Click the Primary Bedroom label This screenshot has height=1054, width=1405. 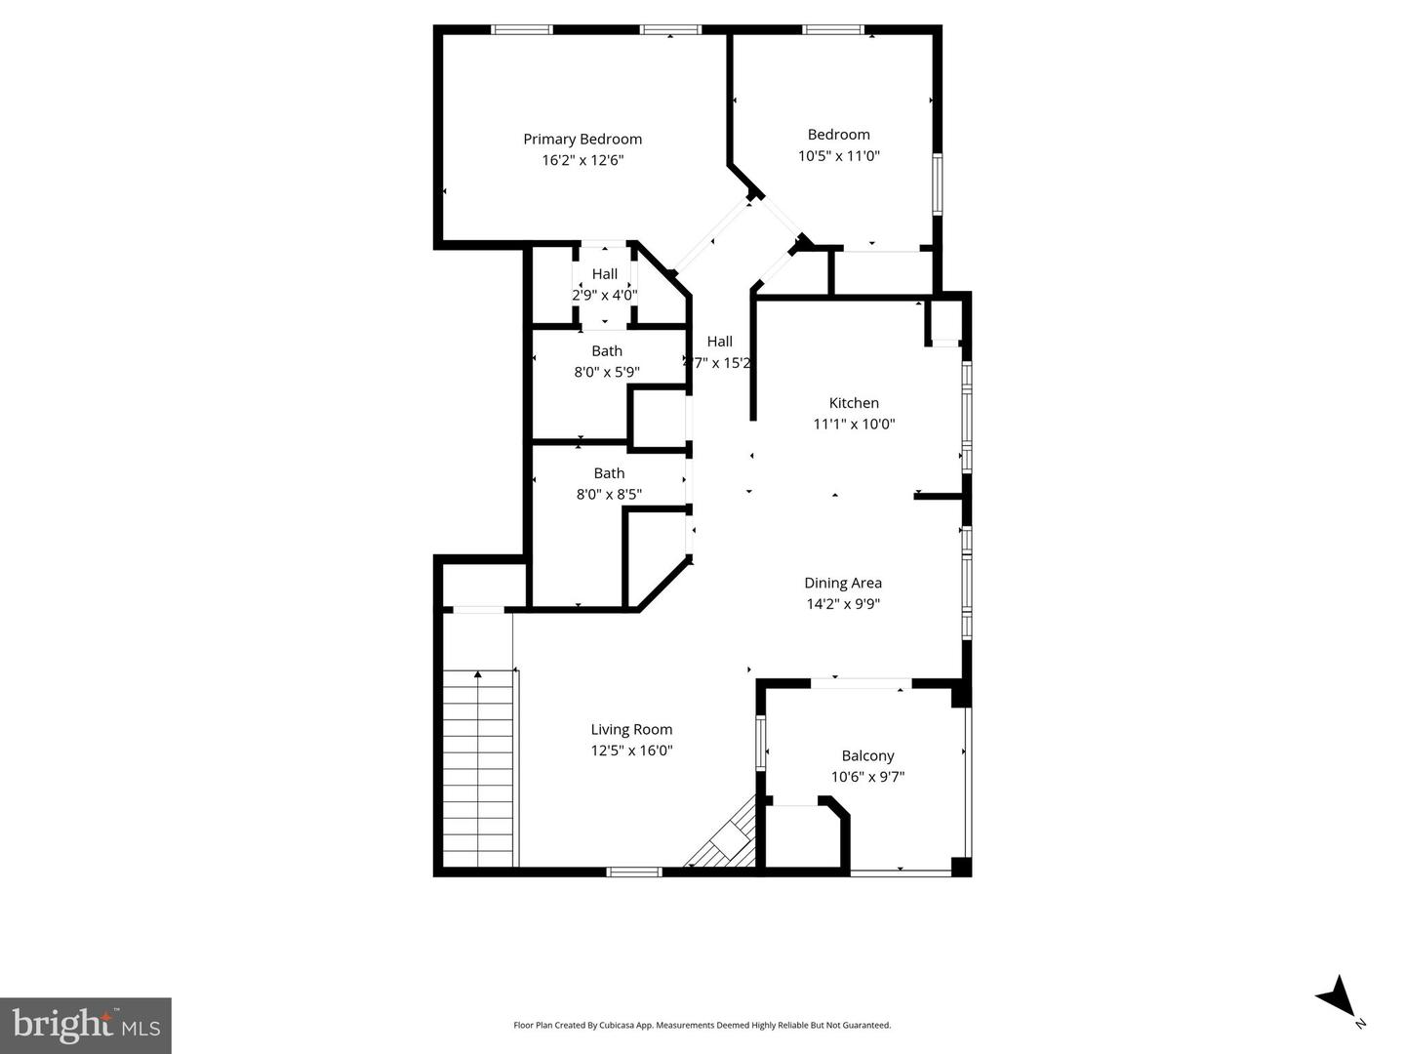582,139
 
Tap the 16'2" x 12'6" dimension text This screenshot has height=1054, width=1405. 582,160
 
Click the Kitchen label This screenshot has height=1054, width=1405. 854,402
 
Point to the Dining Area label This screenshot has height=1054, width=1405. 843,583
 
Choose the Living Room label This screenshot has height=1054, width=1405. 631,729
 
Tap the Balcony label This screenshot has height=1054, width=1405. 867,755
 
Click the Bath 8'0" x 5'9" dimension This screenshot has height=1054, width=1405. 607,372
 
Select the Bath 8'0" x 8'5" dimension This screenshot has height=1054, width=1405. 609,494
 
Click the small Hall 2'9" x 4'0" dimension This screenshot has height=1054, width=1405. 605,295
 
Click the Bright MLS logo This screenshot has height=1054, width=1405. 86,1025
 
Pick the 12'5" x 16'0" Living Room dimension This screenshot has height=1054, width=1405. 631,750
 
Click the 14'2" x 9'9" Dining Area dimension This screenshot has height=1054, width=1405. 843,604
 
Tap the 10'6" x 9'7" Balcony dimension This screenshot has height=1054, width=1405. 867,777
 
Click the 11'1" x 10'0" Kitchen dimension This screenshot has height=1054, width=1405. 854,424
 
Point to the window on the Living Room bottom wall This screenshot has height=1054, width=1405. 634,871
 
